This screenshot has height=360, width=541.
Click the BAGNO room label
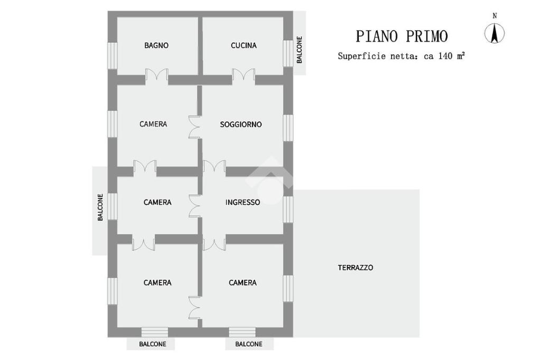tap(156, 45)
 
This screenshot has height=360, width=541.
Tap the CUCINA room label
tap(244, 45)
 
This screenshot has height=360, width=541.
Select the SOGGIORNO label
tap(241, 125)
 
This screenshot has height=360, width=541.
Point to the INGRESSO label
tap(242, 202)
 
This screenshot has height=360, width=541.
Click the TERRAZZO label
tap(356, 268)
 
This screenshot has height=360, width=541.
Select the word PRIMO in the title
tap(427, 36)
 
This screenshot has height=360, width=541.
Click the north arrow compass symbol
tap(495, 34)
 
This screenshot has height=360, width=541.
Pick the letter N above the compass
tap(495, 16)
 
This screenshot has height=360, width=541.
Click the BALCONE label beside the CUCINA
tap(300, 50)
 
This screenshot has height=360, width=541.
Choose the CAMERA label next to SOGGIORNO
tap(153, 124)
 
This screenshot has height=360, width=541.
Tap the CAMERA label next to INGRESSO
tap(157, 202)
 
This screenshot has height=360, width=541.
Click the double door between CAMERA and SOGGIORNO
tap(194, 127)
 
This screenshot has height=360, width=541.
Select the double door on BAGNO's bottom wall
tap(157, 77)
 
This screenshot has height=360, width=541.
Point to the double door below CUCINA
tap(244, 77)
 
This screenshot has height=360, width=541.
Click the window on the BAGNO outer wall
tap(113, 55)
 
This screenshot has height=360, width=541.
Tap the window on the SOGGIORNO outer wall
tap(288, 127)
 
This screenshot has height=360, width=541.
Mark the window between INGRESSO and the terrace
tap(288, 209)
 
